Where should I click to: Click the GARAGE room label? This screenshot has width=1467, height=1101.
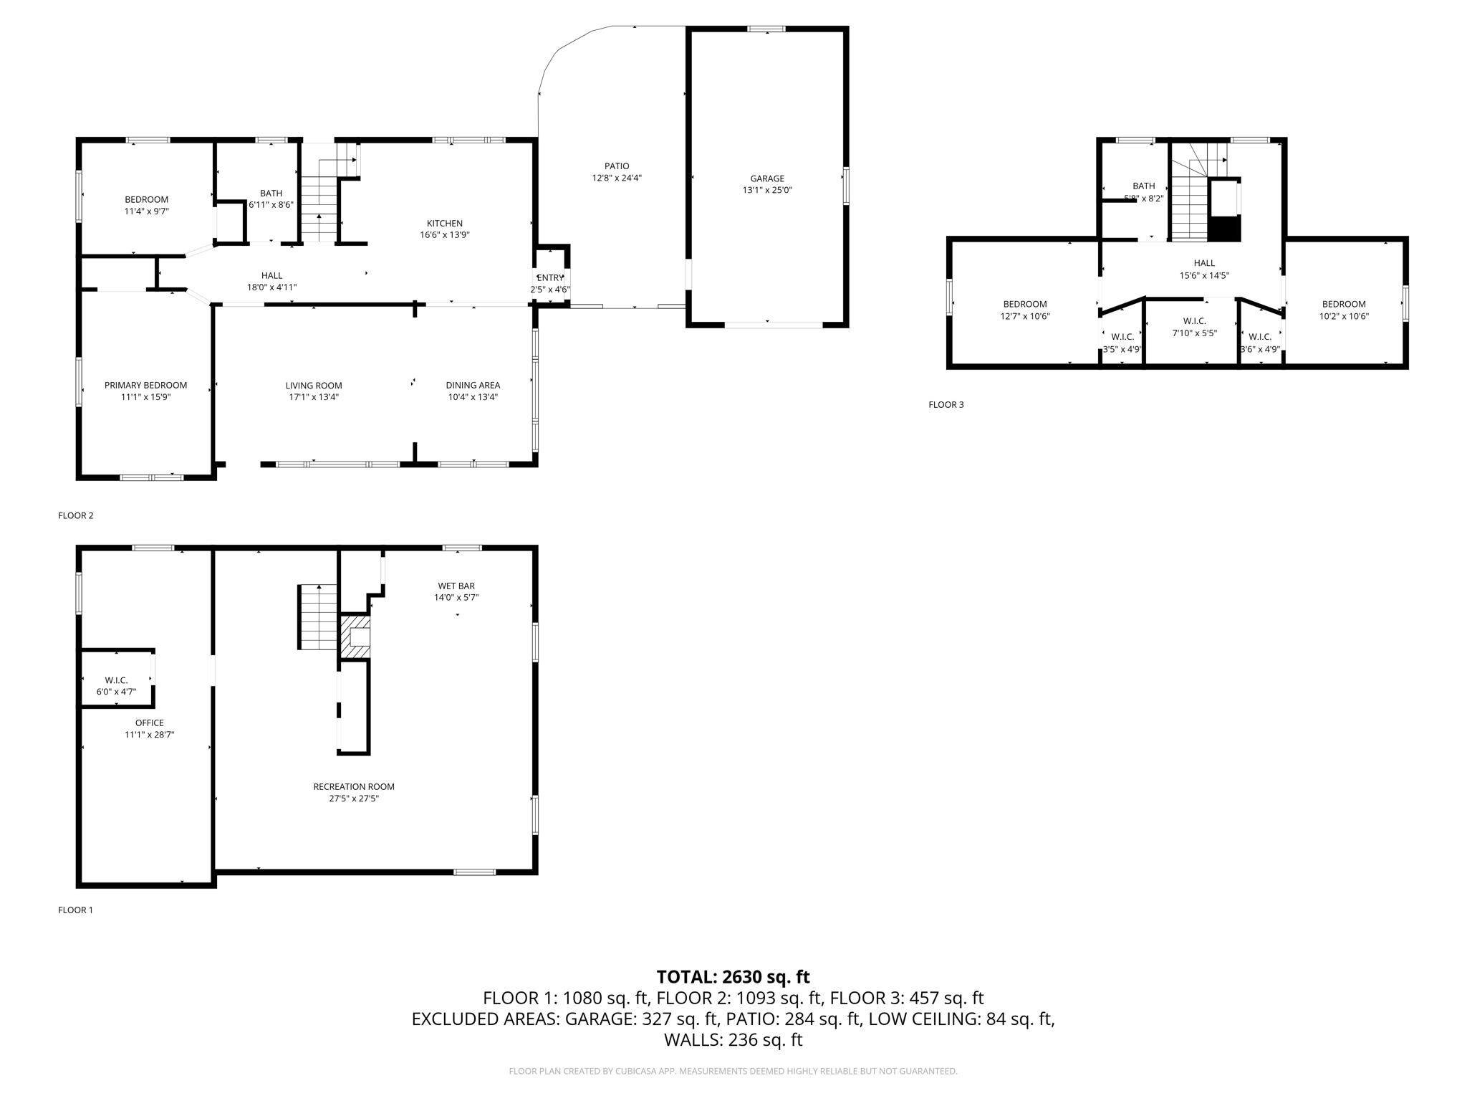pos(766,178)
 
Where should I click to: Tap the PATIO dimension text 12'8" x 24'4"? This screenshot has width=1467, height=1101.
pos(616,178)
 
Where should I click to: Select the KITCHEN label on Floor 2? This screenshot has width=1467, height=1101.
pos(444,223)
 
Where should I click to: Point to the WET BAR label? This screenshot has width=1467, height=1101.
pos(456,586)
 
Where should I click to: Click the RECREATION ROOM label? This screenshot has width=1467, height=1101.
pos(353,786)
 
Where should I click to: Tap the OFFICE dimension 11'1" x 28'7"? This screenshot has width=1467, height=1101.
pos(149,734)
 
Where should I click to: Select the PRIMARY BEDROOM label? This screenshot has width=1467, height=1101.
pos(145,385)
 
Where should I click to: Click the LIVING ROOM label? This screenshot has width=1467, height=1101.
pos(313,385)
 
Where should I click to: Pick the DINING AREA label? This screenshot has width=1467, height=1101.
pos(472,385)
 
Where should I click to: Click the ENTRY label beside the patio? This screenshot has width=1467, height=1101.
pos(550,278)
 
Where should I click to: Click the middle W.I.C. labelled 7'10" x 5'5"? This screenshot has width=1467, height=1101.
pos(1194,327)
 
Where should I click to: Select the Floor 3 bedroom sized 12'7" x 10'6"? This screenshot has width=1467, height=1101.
pos(1024,310)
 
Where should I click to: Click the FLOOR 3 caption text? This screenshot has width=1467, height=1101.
pos(946,404)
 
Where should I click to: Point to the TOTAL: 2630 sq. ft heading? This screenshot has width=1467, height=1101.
pos(733,976)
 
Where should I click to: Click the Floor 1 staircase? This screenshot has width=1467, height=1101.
pos(317,617)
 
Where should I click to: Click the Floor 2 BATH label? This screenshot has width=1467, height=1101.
pos(271,193)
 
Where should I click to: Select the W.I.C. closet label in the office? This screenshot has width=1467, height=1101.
pos(116,680)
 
